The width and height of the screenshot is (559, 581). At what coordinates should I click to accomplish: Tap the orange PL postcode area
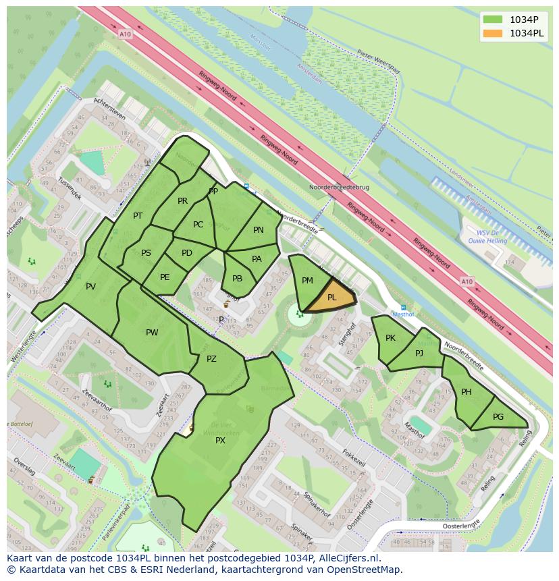pos(334,297)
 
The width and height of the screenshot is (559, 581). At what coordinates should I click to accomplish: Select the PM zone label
pos(307,281)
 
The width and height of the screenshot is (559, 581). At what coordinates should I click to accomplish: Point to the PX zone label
pos(220,441)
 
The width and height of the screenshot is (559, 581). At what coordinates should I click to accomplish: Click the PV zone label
pos(90,287)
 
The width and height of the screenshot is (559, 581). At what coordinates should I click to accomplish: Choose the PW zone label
pos(152,333)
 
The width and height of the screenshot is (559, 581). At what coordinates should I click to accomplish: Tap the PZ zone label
pos(211,359)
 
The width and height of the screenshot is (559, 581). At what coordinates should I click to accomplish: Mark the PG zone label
pos(498,417)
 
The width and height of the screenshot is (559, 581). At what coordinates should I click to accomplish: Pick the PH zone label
pos(467,392)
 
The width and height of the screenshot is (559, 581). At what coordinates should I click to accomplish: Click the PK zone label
pos(390,338)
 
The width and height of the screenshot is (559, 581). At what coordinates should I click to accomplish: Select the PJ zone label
pos(419,353)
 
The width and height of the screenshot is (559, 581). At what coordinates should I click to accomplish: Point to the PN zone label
pos(259,230)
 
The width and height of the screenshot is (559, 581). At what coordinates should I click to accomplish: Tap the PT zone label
pos(138,216)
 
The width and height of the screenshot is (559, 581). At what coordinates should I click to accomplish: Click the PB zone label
pos(237,279)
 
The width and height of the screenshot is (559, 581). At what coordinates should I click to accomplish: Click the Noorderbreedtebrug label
pos(339,187)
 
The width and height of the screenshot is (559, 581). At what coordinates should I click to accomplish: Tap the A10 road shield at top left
pos(124,34)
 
